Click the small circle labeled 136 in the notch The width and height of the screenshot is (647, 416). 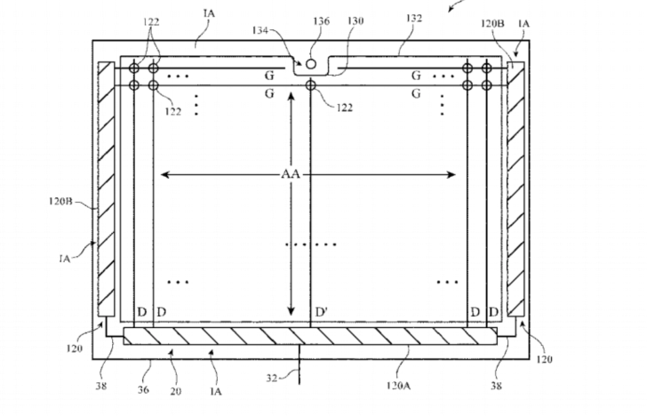click(310, 64)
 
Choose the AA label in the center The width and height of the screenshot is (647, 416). click(290, 175)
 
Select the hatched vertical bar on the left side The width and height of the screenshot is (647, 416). click(105, 188)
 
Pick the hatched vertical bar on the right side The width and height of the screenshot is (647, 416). click(516, 188)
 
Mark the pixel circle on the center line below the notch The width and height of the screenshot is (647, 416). click(310, 85)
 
